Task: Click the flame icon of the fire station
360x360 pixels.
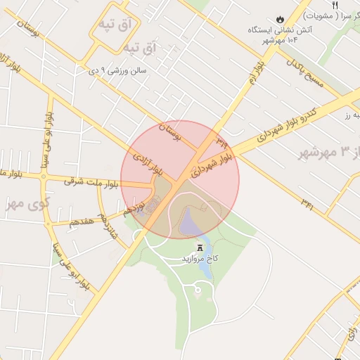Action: click(281, 18)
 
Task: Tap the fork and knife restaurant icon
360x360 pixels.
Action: click(335, 4)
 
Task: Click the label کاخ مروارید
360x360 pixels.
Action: click(200, 259)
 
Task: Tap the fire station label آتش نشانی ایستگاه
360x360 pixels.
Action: click(278, 30)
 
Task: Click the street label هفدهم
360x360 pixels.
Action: click(79, 221)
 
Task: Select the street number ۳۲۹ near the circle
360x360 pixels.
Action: click(222, 141)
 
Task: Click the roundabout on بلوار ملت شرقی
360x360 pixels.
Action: click(43, 176)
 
